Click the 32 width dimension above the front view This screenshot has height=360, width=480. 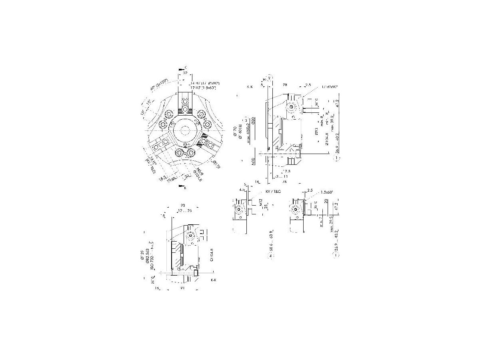185,74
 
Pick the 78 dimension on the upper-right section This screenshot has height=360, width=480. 285,85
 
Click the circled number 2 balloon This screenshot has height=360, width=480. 270,77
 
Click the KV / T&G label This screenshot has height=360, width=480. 273,192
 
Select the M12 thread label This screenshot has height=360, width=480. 261,205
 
